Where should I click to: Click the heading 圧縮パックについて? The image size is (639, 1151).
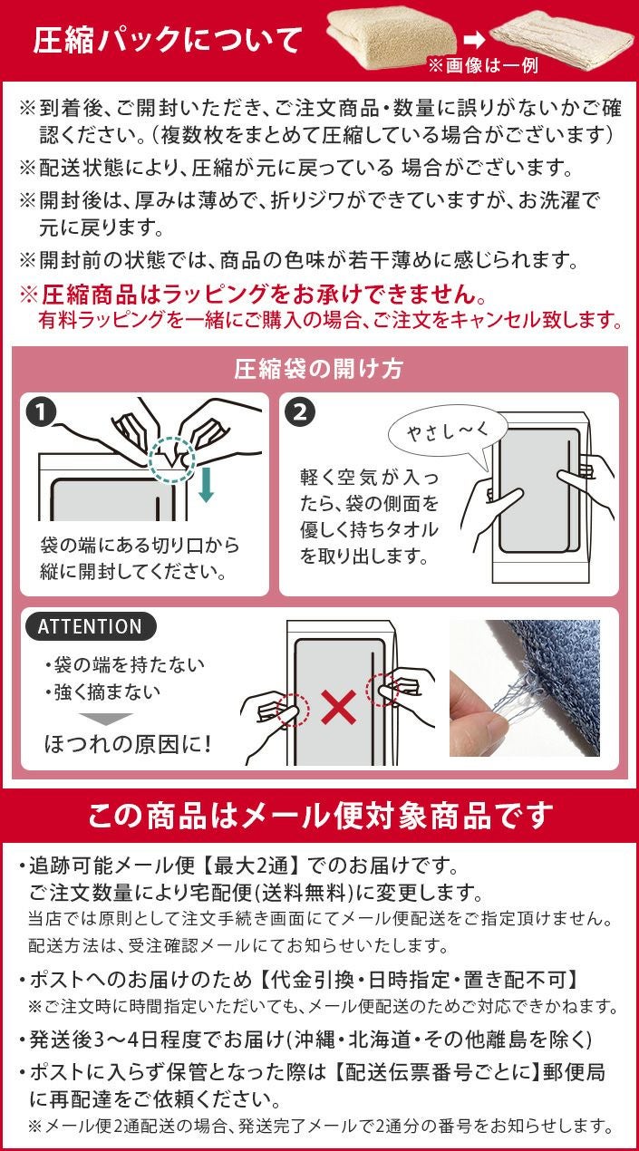[168, 41]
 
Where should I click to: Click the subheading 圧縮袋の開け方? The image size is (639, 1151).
[319, 369]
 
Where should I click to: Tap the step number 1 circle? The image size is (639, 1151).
[42, 411]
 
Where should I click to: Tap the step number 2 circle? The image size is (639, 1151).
[300, 411]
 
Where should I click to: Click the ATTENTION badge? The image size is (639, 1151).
[90, 626]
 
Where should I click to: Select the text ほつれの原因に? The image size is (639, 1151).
[128, 745]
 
